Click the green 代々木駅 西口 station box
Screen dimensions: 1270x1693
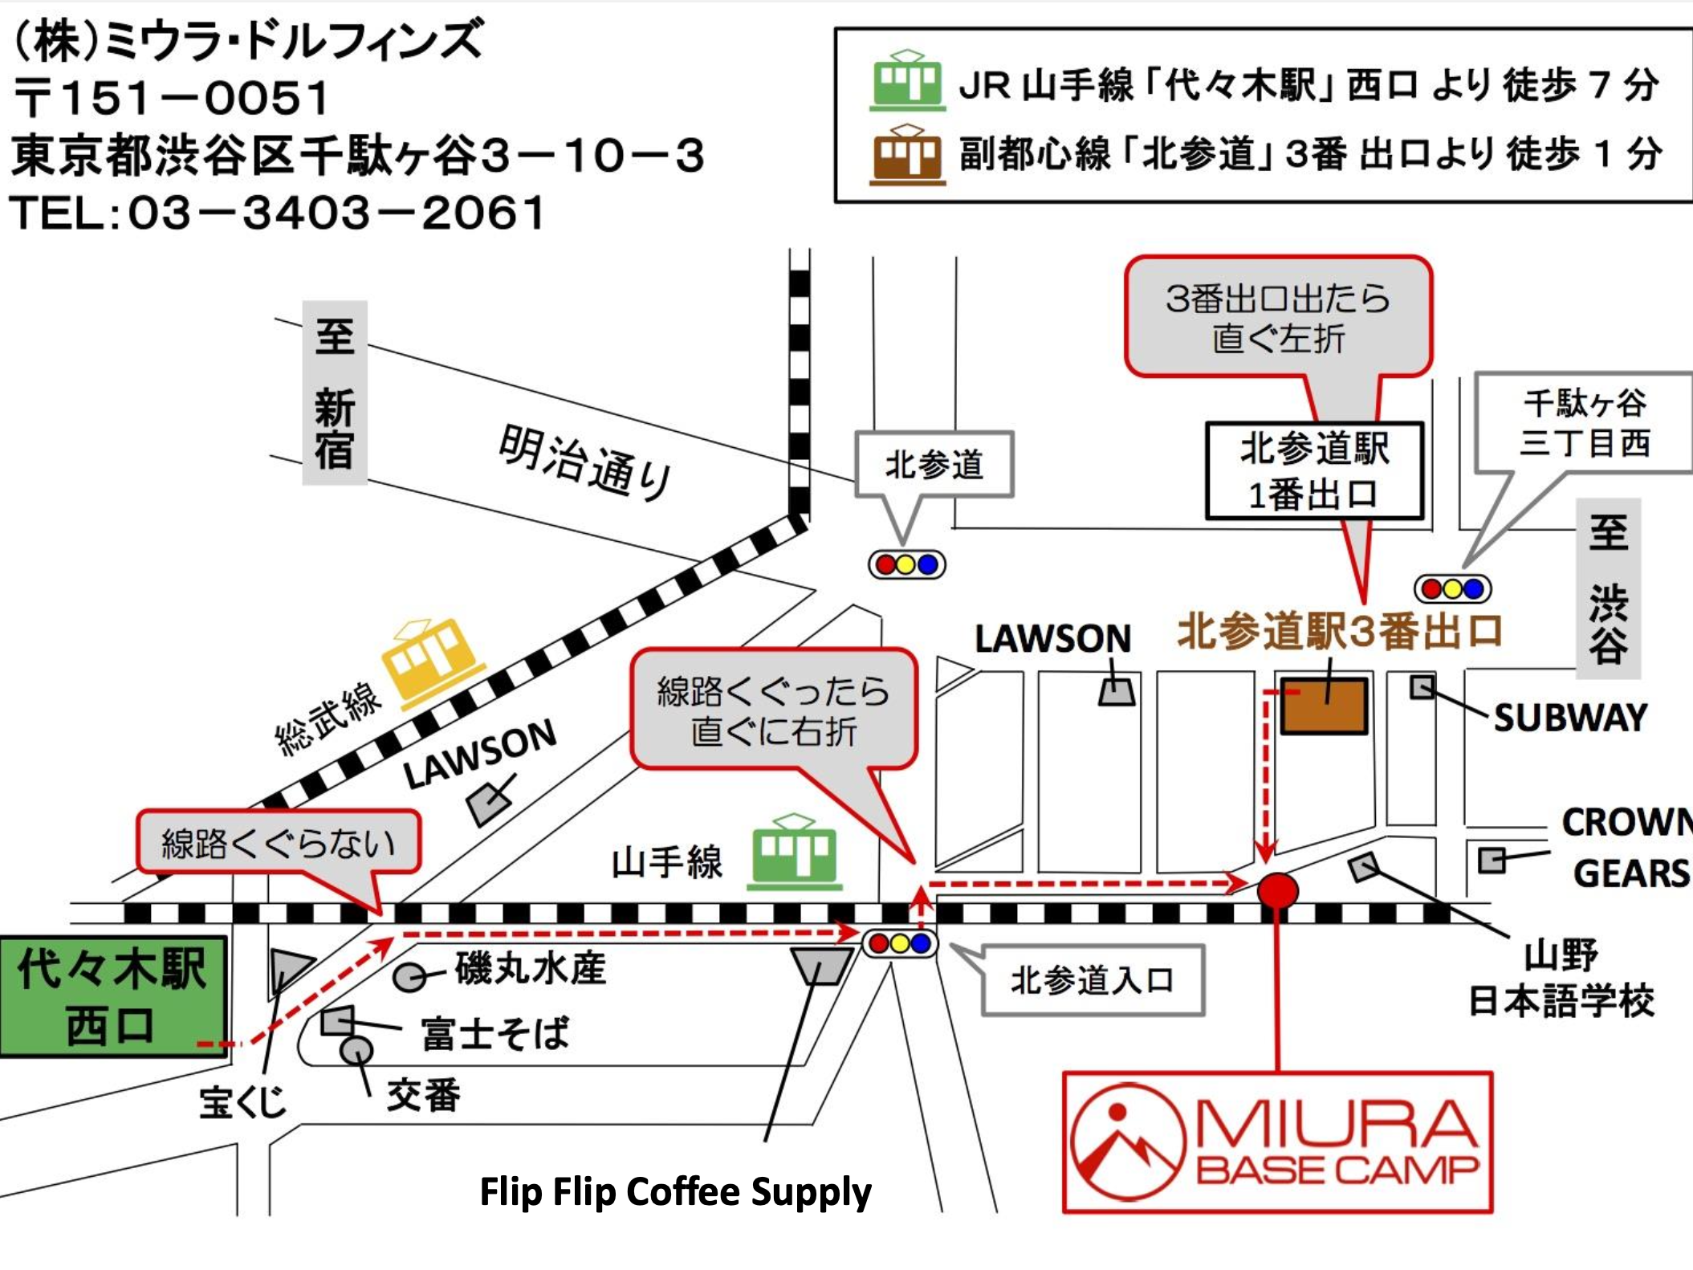pos(112,996)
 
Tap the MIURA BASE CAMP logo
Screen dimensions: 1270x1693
pos(1277,1142)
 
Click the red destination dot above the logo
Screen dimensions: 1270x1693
pos(1277,890)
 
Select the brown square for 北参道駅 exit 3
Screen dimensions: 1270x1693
pos(1323,706)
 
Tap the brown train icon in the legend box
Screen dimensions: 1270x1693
pos(907,154)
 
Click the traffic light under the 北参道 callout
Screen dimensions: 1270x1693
pos(906,564)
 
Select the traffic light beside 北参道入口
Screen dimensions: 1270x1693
pos(900,943)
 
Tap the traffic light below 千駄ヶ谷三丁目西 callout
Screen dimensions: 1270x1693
pos(1452,589)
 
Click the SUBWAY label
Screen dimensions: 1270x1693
pos(1569,718)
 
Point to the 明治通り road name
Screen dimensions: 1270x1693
pos(584,462)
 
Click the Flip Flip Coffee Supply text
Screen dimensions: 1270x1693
pos(675,1191)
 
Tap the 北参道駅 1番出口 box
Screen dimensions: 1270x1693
pos(1314,471)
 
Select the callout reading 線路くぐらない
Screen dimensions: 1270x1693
pos(278,842)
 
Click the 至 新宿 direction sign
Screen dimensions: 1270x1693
pos(334,393)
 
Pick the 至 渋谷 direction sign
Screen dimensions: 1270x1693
pos(1608,588)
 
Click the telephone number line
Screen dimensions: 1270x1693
pos(277,214)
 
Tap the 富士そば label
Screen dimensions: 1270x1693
pos(494,1033)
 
